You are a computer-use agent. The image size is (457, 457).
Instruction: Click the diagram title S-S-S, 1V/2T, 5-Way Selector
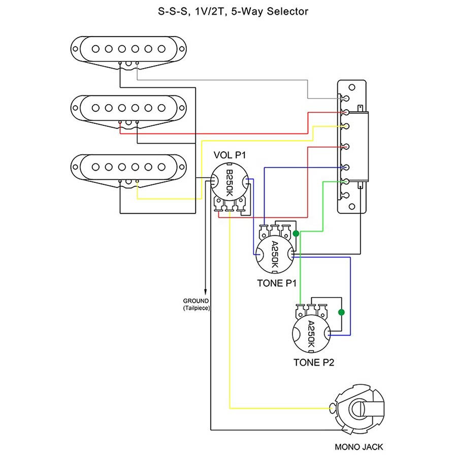point(233,12)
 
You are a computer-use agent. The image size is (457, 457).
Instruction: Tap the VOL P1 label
point(230,155)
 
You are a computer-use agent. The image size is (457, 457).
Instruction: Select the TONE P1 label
point(277,283)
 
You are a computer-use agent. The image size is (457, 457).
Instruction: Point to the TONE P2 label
point(314,362)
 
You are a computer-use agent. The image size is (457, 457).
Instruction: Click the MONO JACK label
point(359,447)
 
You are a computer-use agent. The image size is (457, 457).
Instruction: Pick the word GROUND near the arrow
point(196,301)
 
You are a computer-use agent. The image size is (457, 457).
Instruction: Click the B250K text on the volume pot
point(230,183)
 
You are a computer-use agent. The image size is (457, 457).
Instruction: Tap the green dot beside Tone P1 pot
point(296,234)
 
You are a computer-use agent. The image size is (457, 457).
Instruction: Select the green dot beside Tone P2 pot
point(341,312)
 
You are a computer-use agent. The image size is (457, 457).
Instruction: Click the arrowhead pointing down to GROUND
point(206,292)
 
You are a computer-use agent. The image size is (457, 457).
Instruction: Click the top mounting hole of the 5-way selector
point(352,87)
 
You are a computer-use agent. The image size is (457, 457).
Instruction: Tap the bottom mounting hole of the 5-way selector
point(352,207)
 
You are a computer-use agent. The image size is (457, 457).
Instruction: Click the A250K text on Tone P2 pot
point(311,334)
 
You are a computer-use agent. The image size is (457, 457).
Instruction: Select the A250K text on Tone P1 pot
point(275,254)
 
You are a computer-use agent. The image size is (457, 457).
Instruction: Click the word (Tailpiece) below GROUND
point(197,308)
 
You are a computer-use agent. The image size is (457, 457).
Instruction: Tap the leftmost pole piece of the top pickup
point(95,49)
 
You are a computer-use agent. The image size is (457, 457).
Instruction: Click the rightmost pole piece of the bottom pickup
point(161,167)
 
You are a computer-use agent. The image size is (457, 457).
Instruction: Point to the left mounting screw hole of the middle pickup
point(75,108)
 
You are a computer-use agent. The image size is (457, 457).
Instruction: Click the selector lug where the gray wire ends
point(346,98)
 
